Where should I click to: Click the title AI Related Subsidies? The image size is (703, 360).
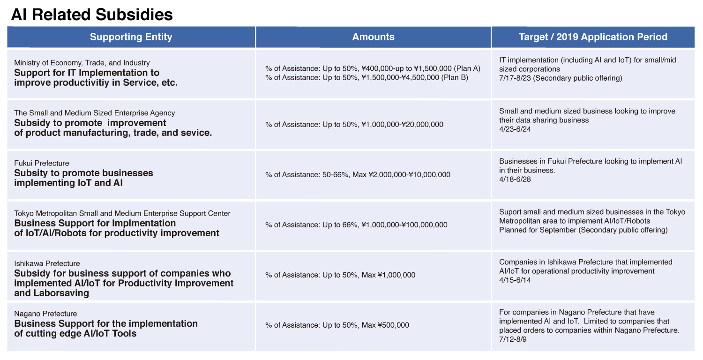coord(92,15)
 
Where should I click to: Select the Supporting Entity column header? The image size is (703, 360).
coord(131,37)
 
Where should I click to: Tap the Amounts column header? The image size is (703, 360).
coord(373,37)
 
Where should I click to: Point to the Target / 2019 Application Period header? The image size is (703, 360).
coord(593,37)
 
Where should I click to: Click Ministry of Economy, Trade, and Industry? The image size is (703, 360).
coord(82,63)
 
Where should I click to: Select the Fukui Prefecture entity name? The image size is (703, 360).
coord(41,163)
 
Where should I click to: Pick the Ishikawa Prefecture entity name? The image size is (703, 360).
coord(47,263)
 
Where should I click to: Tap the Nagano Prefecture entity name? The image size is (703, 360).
coord(45,314)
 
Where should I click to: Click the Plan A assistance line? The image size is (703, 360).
coord(373,69)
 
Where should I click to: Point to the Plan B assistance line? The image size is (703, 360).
coord(366,77)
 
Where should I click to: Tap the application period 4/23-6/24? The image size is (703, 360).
coord(515,129)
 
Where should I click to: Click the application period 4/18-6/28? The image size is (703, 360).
coord(515,180)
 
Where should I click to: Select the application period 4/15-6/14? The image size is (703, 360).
coord(515,280)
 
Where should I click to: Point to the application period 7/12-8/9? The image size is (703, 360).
coord(513,339)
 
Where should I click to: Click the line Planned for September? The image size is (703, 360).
coord(583,230)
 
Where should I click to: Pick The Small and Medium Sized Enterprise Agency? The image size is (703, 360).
coord(95,113)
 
